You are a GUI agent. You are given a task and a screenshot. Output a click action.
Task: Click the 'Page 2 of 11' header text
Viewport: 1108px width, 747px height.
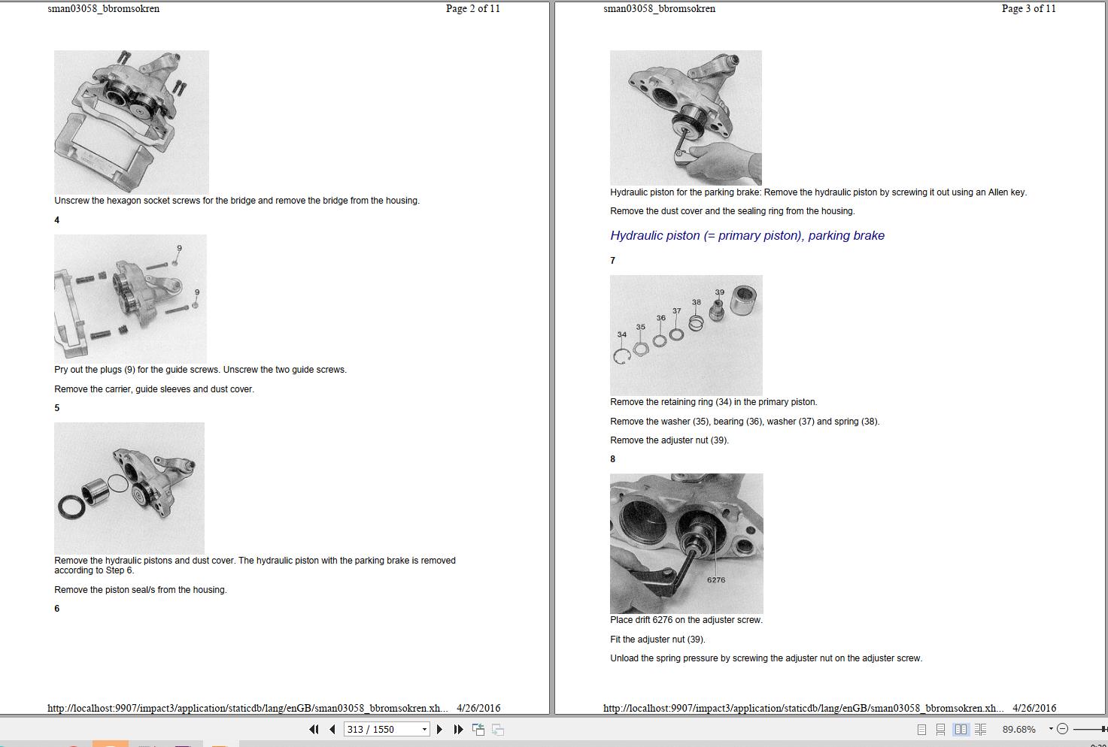coord(473,8)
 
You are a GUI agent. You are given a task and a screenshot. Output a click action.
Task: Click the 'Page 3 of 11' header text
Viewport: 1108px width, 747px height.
coord(1029,8)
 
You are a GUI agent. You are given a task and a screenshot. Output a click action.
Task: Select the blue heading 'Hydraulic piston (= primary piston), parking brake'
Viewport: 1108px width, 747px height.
coord(747,236)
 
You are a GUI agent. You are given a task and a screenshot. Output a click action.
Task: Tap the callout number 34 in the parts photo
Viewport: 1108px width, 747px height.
coord(622,334)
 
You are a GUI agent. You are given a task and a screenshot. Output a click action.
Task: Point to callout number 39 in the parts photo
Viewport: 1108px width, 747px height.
coord(719,292)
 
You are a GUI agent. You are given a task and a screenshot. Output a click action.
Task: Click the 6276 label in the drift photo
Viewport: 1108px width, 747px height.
coord(716,579)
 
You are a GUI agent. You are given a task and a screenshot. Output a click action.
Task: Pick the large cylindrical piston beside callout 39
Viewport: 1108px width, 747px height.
coord(743,300)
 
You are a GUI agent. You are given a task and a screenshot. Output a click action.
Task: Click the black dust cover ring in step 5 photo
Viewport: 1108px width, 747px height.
coord(71,507)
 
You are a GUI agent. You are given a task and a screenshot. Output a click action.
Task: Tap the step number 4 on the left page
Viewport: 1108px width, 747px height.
coord(57,220)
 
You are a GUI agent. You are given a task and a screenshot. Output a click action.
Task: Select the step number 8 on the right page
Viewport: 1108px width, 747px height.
coord(613,459)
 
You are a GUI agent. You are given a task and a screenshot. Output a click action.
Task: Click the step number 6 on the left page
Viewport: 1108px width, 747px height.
coord(57,609)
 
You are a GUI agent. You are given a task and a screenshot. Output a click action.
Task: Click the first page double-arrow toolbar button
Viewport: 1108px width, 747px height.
coord(314,729)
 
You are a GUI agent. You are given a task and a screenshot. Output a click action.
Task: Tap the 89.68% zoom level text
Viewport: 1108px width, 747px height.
coord(1018,729)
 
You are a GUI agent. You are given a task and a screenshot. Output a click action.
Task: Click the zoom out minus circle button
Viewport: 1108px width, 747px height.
coord(1062,729)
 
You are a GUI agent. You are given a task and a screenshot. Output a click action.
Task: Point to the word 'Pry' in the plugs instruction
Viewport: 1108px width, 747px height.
coord(62,370)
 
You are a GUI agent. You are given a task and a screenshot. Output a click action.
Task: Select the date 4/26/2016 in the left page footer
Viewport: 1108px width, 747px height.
coord(478,708)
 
